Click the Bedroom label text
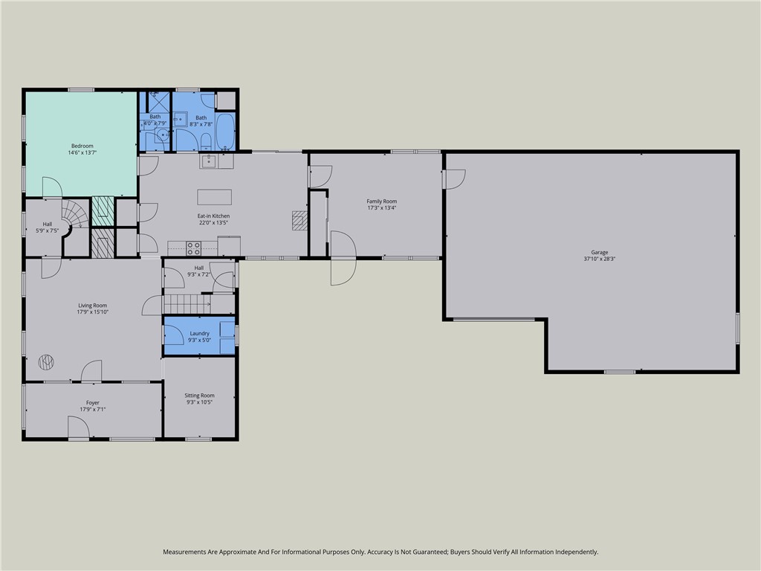pyautogui.click(x=82, y=146)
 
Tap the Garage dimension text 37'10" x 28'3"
pyautogui.click(x=599, y=259)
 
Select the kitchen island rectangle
pyautogui.click(x=214, y=197)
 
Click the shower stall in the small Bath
pyautogui.click(x=157, y=101)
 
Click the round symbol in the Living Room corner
pyautogui.click(x=46, y=362)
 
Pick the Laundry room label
pyautogui.click(x=199, y=334)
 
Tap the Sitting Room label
pyautogui.click(x=200, y=396)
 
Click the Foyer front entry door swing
pyautogui.click(x=78, y=428)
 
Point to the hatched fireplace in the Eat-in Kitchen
pyautogui.click(x=299, y=220)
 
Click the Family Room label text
pyautogui.click(x=381, y=201)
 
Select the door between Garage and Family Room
pyautogui.click(x=453, y=178)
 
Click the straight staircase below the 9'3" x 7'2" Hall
pyautogui.click(x=182, y=303)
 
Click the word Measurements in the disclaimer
pyautogui.click(x=185, y=552)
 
